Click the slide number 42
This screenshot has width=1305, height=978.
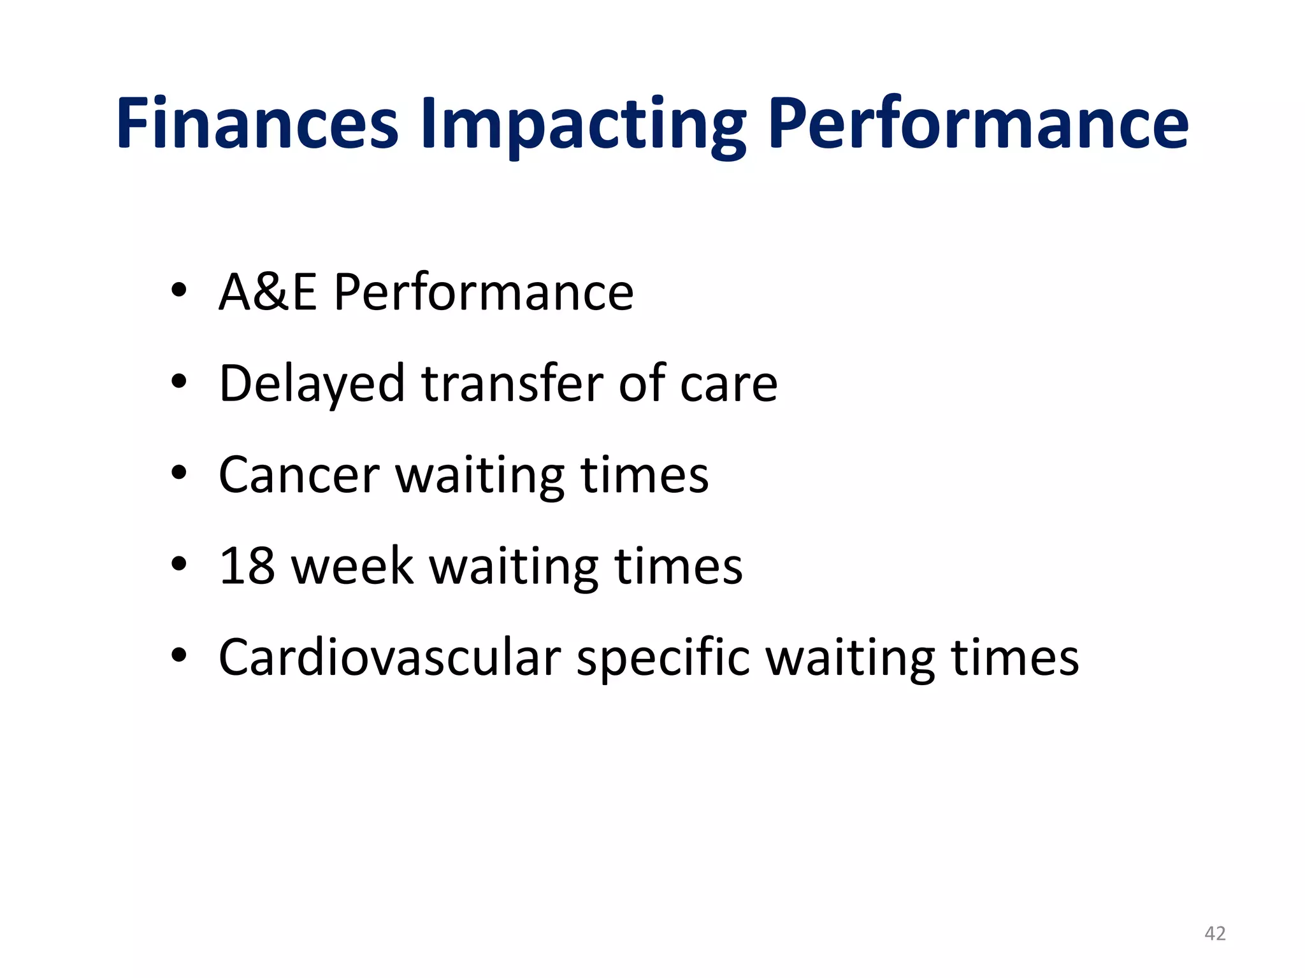1215,933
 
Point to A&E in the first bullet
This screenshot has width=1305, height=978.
268,292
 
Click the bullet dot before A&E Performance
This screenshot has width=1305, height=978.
178,291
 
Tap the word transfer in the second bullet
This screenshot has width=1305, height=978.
512,384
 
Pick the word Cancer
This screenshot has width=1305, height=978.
299,476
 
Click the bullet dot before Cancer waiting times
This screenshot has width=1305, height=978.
178,473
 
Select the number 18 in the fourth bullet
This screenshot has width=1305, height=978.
247,566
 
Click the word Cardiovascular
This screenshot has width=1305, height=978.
389,657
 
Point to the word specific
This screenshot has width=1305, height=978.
663,658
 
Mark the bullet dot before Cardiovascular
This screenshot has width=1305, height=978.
178,655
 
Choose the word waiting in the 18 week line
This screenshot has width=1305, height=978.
514,567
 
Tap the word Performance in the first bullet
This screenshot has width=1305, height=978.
483,292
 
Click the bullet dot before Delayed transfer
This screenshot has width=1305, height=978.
178,382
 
